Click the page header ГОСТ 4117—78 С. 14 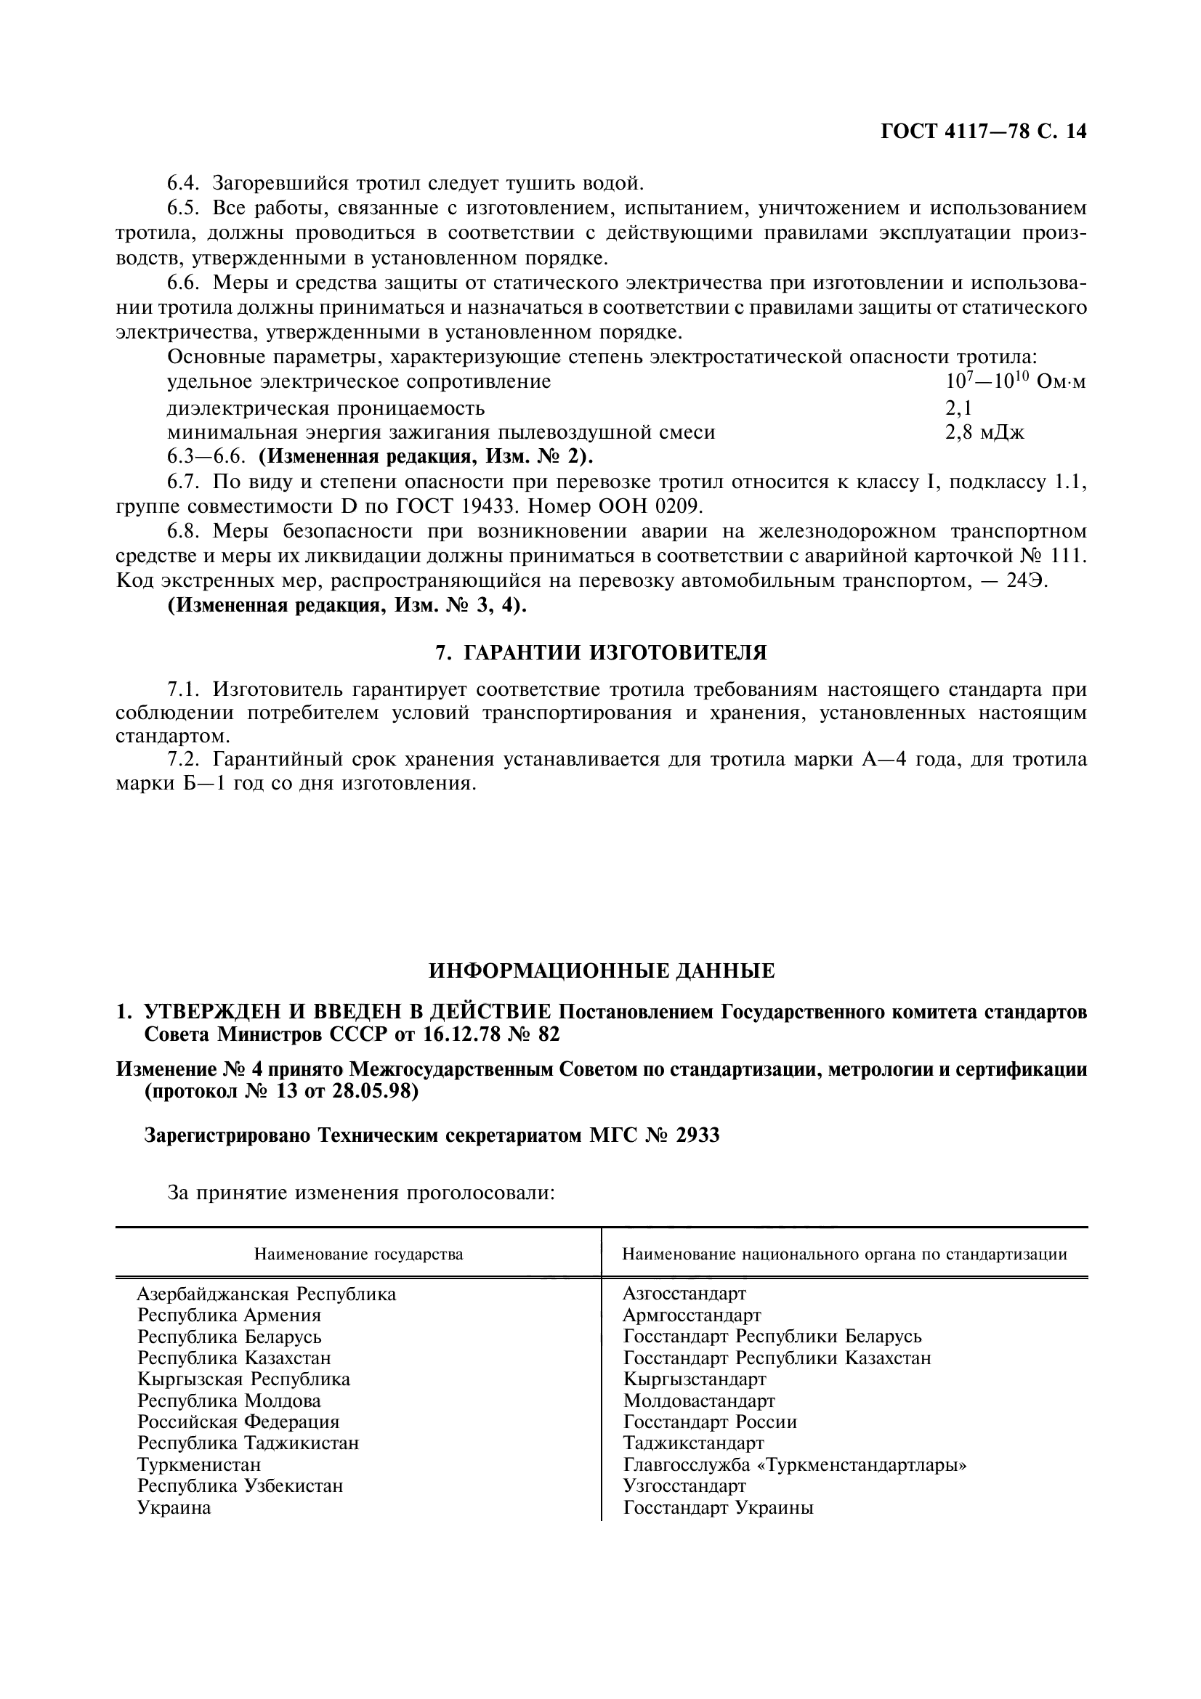[x=984, y=132]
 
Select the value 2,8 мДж [x=984, y=433]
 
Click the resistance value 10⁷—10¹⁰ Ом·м [x=1015, y=382]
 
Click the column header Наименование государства [x=359, y=1254]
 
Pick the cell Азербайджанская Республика [x=267, y=1294]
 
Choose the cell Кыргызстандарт [x=694, y=1379]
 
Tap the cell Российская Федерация [x=238, y=1422]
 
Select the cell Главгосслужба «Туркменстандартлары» [x=795, y=1465]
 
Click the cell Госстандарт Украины [x=718, y=1508]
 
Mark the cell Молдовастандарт [x=698, y=1400]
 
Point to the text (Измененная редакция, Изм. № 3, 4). [x=347, y=605]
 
